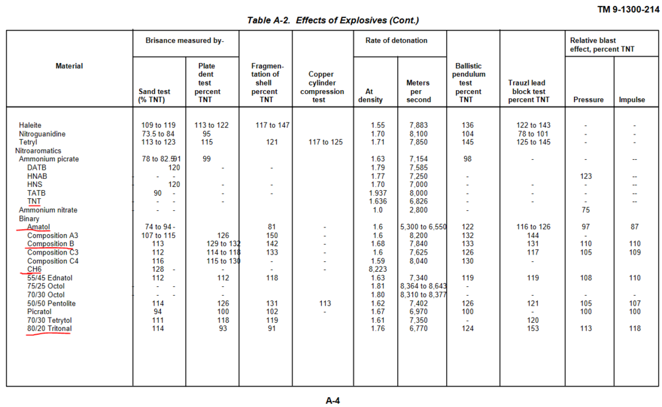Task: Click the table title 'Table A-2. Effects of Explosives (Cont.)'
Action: point(333,21)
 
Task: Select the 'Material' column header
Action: point(70,66)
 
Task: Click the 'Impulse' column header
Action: point(632,100)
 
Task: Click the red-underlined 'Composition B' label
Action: point(50,243)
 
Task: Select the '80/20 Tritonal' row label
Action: point(49,329)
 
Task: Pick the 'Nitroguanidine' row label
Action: point(43,134)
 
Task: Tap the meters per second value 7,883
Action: point(418,125)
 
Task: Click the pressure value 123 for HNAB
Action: point(585,176)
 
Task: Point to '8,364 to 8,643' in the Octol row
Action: point(424,286)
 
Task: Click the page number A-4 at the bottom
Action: point(333,400)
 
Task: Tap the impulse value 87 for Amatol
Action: point(634,227)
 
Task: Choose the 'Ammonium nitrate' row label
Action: point(48,210)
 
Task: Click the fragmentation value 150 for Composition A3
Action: point(271,235)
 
